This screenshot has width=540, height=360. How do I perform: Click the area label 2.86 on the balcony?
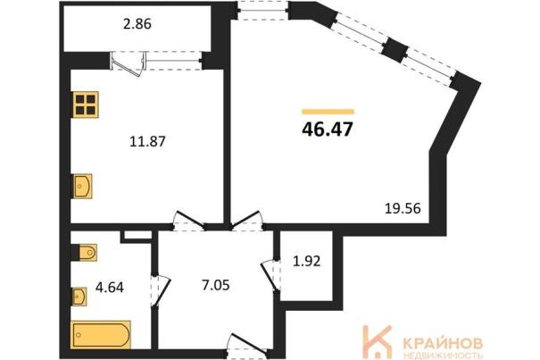pyautogui.click(x=137, y=24)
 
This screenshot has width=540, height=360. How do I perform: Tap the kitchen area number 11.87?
pyautogui.click(x=147, y=141)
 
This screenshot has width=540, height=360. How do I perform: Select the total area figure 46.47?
pyautogui.click(x=328, y=130)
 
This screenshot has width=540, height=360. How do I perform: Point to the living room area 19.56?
pyautogui.click(x=403, y=209)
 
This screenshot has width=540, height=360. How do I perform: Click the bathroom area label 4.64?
pyautogui.click(x=110, y=287)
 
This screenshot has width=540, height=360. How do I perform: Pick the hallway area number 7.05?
pyautogui.click(x=216, y=285)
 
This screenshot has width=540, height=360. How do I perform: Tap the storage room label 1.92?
pyautogui.click(x=306, y=261)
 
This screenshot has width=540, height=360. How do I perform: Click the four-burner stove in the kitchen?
pyautogui.click(x=85, y=105)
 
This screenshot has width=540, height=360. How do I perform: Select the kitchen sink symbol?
pyautogui.click(x=82, y=186)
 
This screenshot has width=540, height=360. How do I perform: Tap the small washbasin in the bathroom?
pyautogui.click(x=79, y=297)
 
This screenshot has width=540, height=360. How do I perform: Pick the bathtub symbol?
pyautogui.click(x=101, y=335)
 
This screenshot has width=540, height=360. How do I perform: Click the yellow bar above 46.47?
pyautogui.click(x=328, y=112)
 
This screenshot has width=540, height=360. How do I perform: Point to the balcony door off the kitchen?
pyautogui.click(x=129, y=63)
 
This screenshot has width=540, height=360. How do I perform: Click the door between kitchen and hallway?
pyautogui.click(x=188, y=221)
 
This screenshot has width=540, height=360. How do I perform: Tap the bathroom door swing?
pyautogui.click(x=161, y=289)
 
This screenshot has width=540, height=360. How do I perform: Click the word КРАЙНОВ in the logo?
pyautogui.click(x=443, y=343)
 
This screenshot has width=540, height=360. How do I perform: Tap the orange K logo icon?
pyautogui.click(x=377, y=341)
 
